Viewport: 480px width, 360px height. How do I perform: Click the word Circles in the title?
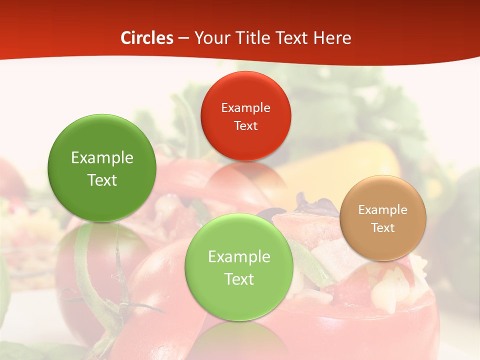pos(146,38)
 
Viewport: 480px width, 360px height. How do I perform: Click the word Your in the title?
pos(209,38)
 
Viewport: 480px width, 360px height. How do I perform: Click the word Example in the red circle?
pos(245,107)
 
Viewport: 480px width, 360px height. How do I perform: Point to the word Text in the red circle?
pos(245,125)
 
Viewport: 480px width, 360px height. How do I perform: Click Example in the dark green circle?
pos(102,158)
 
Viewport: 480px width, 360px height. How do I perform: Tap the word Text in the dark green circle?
pos(102,180)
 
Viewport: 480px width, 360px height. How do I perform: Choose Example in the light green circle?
pos(239,257)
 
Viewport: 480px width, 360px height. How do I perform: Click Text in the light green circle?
pos(239,279)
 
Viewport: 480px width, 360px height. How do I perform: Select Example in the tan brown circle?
pos(383,209)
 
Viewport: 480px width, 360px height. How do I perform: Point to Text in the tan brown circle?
pos(383,227)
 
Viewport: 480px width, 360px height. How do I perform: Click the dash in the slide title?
pos(183,38)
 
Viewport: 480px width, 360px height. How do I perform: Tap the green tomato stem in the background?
pos(90,280)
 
